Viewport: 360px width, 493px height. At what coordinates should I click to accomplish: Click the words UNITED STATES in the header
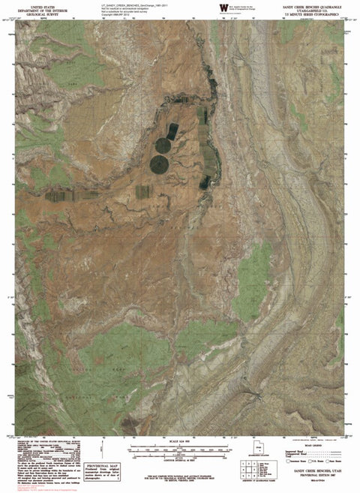(x=32, y=4)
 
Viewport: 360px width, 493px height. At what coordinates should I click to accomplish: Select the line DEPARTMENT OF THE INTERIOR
(x=32, y=8)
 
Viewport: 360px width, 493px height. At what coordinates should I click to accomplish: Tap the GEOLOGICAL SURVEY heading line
(x=32, y=13)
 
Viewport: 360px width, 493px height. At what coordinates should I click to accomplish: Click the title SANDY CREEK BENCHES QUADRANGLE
(x=316, y=4)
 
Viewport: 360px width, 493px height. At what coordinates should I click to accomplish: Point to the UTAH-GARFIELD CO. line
(x=316, y=8)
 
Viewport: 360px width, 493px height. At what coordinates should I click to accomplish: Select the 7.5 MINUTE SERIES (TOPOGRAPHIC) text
(x=316, y=13)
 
